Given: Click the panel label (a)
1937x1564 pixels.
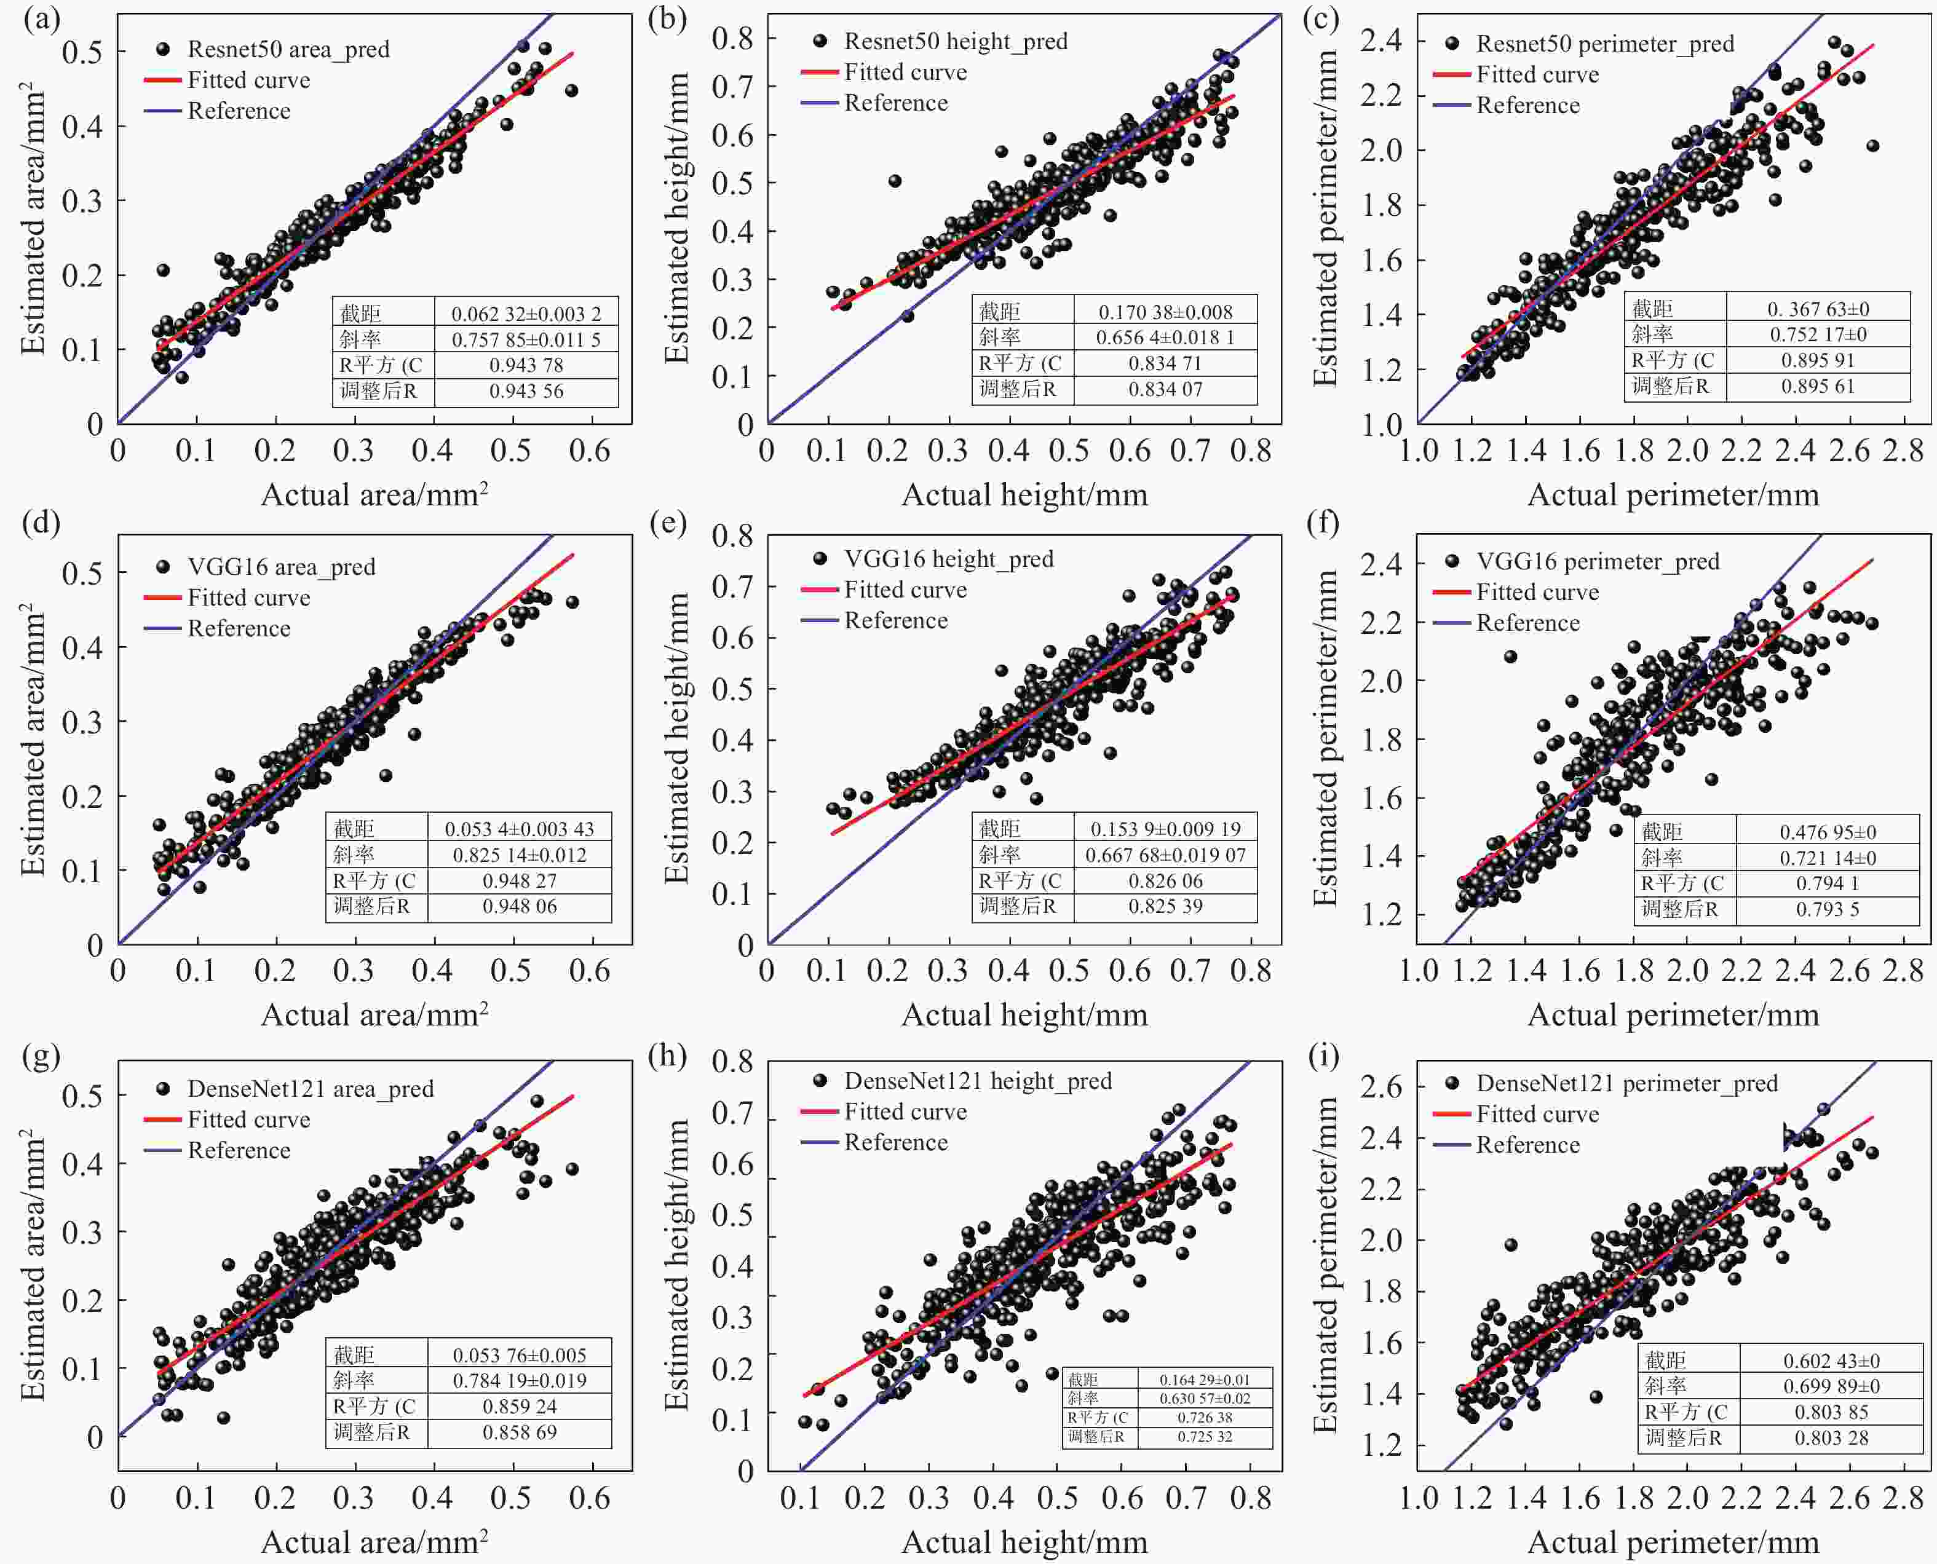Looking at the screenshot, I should click(41, 20).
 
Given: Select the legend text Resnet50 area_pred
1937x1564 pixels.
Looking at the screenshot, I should click(288, 50).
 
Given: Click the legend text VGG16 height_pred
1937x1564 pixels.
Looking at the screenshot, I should click(949, 559).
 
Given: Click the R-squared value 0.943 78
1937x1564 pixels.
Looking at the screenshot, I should click(526, 365).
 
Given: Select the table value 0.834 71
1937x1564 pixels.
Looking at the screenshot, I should click(1165, 363).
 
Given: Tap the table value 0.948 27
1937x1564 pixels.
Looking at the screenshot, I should click(519, 880).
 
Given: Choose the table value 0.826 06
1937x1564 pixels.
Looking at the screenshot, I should click(1165, 880).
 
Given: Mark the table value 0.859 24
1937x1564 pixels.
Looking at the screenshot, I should click(519, 1407).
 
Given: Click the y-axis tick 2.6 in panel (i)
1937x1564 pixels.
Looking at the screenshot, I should click(1380, 1086).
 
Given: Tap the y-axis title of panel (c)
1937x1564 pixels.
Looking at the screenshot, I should click(1325, 218).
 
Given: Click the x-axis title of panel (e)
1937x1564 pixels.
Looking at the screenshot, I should click(1024, 1016).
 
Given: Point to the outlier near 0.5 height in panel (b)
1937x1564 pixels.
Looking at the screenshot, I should click(895, 181).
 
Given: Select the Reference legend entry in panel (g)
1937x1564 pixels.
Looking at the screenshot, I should click(239, 1150).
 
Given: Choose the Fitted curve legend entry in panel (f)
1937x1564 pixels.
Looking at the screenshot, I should click(1537, 592).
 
